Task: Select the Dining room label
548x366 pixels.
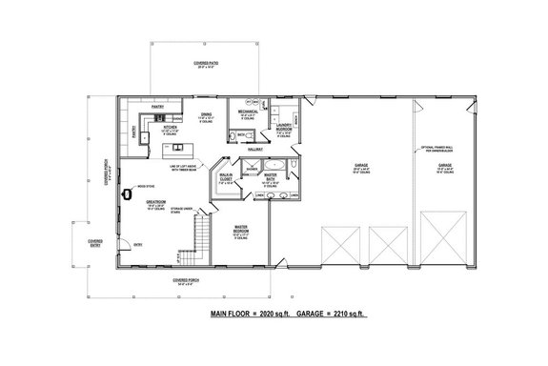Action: point(206,115)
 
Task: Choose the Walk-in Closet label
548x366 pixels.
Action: point(228,176)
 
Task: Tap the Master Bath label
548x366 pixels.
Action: point(271,176)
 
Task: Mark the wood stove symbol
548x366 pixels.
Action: point(126,194)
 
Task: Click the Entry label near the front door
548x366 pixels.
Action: point(139,244)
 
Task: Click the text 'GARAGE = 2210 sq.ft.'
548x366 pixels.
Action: point(331,312)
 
